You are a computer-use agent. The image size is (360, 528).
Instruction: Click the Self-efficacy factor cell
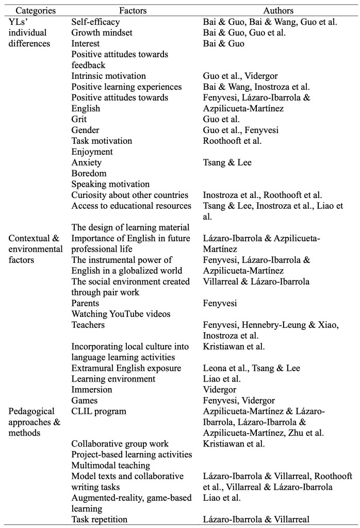[95, 22]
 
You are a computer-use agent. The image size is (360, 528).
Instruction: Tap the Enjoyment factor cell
[92, 152]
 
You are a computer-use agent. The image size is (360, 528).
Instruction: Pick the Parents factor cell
[85, 303]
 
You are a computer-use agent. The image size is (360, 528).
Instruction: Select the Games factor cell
[85, 401]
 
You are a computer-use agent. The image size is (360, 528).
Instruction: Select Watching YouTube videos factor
[121, 314]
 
